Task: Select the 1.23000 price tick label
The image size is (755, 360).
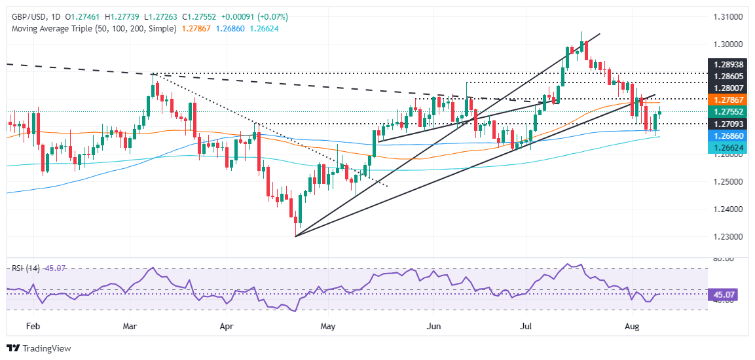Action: pyautogui.click(x=725, y=236)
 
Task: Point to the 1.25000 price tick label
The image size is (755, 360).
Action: pyautogui.click(x=725, y=181)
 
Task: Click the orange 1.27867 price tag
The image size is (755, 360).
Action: pyautogui.click(x=725, y=99)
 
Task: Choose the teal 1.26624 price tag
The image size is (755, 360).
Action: pyautogui.click(x=725, y=149)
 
